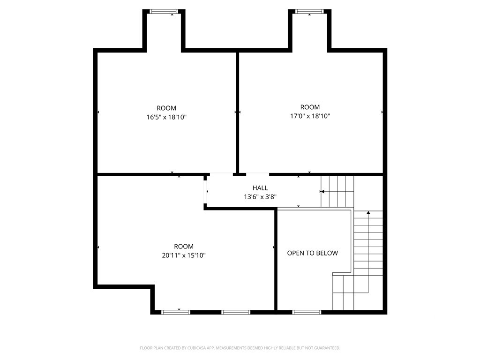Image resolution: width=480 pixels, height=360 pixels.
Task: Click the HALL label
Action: [x=260, y=188]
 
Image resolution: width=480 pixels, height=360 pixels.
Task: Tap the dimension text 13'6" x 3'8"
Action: [x=260, y=197]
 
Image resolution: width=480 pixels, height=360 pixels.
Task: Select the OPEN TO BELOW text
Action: [x=313, y=253]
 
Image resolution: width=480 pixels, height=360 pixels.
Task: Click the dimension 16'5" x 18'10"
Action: [x=166, y=117]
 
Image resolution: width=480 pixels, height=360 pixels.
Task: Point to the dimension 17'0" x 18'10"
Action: [x=310, y=116]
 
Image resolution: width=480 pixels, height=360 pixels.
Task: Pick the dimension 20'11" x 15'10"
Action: [x=184, y=255]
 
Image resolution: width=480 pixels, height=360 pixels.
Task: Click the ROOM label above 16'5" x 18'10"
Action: [x=166, y=108]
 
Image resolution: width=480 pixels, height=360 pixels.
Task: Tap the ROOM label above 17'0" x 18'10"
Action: [x=310, y=107]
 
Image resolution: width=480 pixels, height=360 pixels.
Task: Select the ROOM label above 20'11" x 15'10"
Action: [x=184, y=247]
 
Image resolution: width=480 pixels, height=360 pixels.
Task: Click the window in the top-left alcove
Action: [x=164, y=12]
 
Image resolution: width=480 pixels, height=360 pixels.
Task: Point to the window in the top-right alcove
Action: [x=309, y=12]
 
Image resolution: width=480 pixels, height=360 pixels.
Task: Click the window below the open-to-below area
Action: [x=307, y=312]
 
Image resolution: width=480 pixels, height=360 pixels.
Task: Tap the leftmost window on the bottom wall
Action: [x=176, y=312]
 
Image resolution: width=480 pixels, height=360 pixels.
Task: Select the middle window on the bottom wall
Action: [x=236, y=312]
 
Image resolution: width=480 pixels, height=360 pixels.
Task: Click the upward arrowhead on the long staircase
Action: [x=368, y=212]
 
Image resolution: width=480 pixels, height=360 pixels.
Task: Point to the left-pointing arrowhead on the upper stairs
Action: [x=322, y=192]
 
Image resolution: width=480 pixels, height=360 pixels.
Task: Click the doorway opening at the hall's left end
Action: [x=205, y=192]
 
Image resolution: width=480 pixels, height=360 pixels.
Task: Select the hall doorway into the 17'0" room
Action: [x=258, y=174]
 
